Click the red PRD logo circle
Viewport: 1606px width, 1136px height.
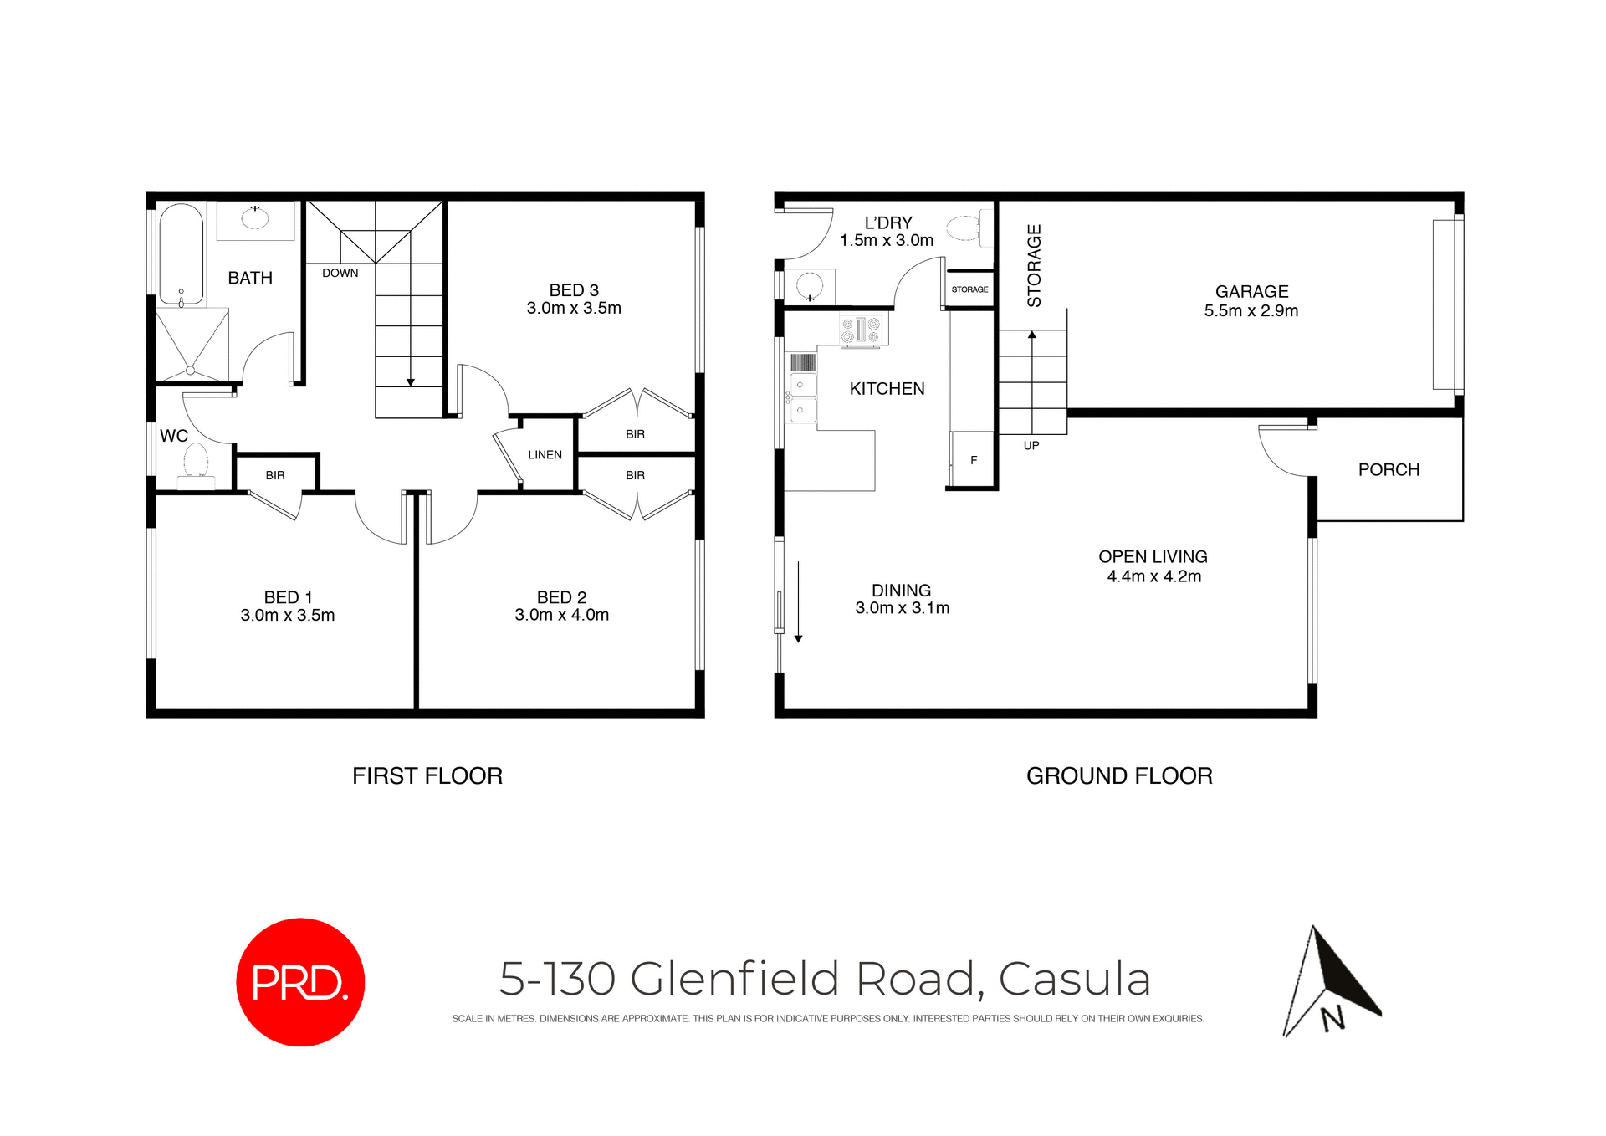click(300, 981)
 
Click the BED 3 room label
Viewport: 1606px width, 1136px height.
click(574, 290)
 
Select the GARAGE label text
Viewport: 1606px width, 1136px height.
click(1251, 292)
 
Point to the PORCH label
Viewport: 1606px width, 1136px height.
click(1389, 470)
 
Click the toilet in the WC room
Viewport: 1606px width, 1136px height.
click(196, 463)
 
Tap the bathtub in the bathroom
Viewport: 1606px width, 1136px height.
click(181, 253)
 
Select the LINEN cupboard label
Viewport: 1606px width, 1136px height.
click(545, 455)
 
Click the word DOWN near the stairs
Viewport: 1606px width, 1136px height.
click(340, 274)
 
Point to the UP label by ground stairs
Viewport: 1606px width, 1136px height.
click(1031, 446)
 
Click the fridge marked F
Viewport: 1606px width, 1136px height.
click(973, 460)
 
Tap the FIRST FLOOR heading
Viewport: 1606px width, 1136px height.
click(427, 776)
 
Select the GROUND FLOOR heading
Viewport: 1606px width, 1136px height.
click(1119, 776)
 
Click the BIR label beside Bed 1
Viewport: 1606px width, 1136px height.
click(275, 475)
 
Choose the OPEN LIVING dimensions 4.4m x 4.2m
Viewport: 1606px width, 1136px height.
click(1153, 576)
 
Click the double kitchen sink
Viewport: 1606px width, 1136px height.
click(803, 397)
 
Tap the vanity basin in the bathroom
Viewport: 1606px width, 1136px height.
click(255, 218)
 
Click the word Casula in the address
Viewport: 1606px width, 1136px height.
click(1075, 979)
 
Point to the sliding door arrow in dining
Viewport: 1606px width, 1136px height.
click(799, 602)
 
